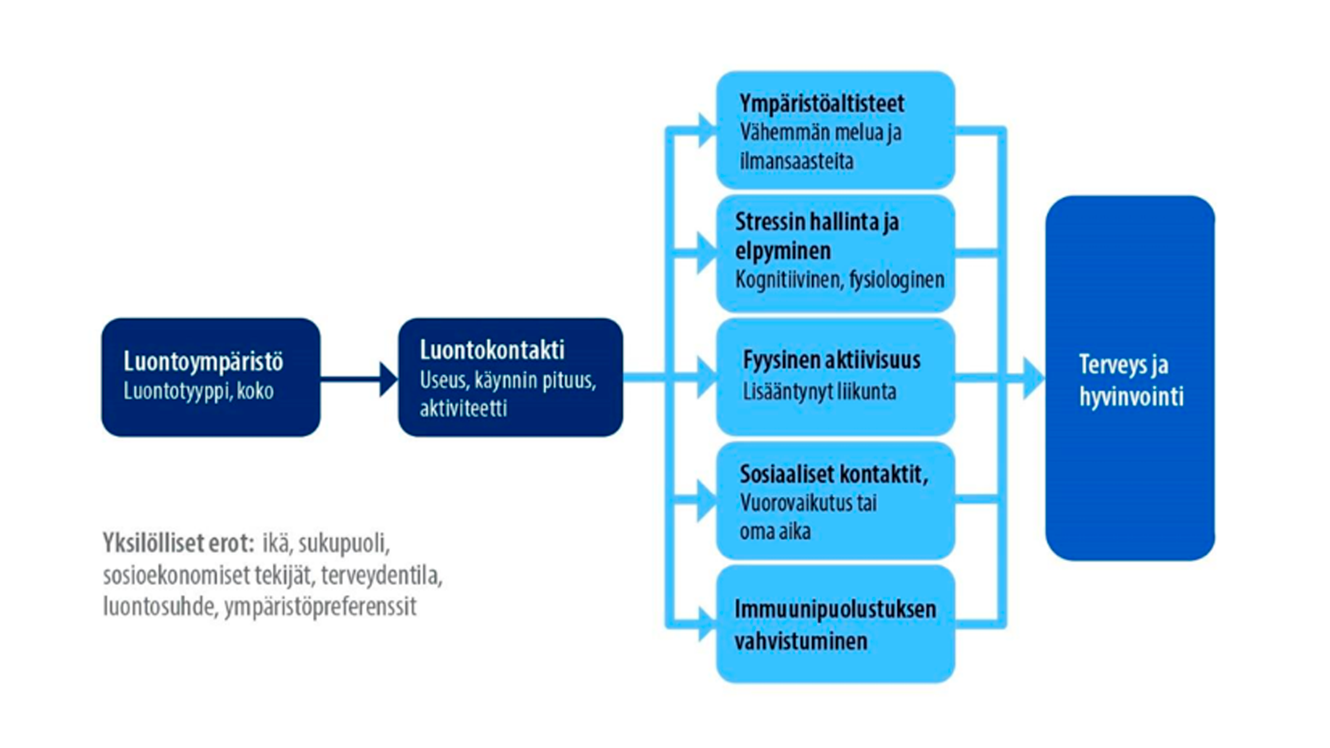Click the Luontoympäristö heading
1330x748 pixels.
[203, 361]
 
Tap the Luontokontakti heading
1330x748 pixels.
[492, 350]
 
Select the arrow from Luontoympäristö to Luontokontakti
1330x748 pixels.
[359, 379]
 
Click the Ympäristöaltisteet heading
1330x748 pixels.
[822, 103]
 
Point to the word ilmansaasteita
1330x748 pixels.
[797, 161]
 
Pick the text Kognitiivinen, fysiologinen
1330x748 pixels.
[840, 280]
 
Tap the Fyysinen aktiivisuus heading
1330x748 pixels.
[832, 360]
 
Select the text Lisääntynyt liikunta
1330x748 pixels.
[820, 391]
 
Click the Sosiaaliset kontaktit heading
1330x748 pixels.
[834, 474]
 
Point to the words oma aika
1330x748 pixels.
[775, 532]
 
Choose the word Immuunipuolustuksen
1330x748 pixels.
[835, 609]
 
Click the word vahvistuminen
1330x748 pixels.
[801, 640]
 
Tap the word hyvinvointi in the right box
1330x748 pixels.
[1132, 397]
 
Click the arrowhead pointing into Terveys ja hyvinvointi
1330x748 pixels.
[1033, 378]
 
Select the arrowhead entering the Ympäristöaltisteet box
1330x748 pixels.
[707, 130]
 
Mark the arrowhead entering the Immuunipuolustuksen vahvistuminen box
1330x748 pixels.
[707, 624]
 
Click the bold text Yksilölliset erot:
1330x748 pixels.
[178, 543]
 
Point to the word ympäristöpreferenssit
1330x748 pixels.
[320, 607]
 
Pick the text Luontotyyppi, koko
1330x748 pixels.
[198, 391]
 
